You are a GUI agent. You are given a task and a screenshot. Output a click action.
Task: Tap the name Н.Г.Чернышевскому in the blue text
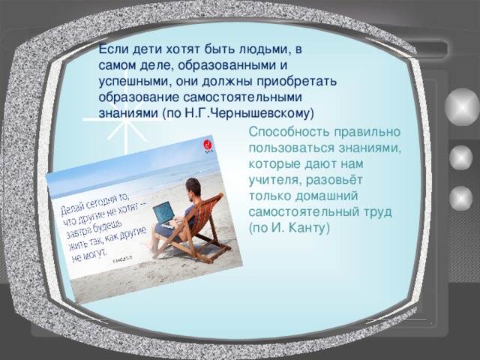[255, 113]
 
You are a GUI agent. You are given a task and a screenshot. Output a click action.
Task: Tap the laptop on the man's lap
[164, 214]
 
